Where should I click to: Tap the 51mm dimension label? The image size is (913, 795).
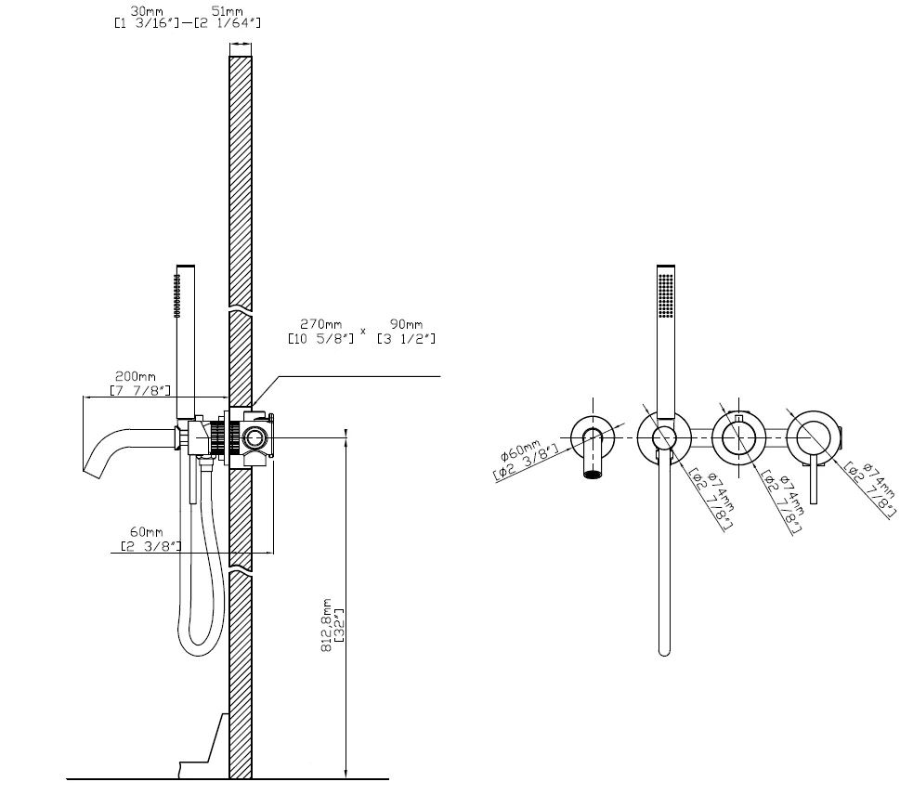click(x=221, y=10)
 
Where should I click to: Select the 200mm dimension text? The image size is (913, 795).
click(x=130, y=377)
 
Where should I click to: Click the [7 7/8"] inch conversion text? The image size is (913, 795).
click(x=139, y=390)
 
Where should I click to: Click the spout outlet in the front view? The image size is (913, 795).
click(x=593, y=474)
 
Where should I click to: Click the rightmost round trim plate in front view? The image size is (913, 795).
click(x=812, y=434)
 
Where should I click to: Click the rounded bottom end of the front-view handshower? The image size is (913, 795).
click(x=664, y=649)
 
